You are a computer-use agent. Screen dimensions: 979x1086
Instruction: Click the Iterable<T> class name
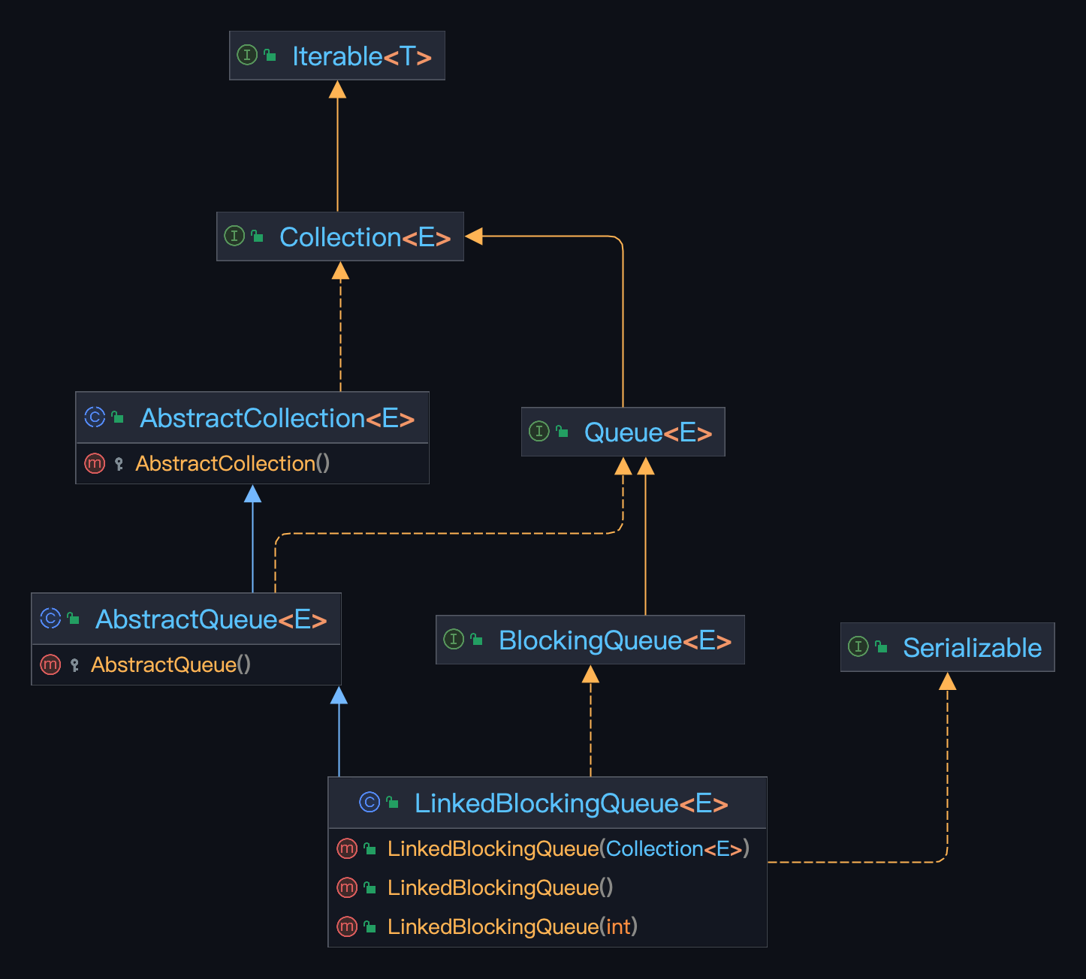(361, 56)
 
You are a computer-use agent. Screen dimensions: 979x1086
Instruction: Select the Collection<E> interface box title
(364, 237)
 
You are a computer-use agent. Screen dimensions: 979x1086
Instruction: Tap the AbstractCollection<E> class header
(276, 418)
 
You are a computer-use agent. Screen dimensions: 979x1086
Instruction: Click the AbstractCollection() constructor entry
(232, 464)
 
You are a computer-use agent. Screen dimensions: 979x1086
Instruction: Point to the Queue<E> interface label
(647, 432)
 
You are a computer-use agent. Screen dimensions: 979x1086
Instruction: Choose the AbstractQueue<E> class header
(210, 619)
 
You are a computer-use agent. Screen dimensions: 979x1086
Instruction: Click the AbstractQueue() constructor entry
(170, 665)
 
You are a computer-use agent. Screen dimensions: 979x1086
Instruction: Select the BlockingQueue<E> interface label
(614, 640)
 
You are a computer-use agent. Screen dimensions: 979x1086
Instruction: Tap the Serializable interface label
(971, 648)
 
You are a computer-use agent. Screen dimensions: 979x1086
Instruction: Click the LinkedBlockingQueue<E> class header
(571, 803)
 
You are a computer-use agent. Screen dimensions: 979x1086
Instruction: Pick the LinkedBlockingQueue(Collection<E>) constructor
(568, 849)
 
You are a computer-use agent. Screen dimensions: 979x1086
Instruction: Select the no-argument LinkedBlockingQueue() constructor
(500, 888)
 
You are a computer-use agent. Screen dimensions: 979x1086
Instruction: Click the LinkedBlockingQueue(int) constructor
(512, 927)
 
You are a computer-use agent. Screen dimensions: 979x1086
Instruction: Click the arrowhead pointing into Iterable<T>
(338, 89)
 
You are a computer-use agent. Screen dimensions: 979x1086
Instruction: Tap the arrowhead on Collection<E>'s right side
(474, 236)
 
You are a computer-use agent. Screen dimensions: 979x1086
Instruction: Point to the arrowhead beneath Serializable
(948, 681)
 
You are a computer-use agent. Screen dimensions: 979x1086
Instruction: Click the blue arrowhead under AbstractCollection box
(253, 493)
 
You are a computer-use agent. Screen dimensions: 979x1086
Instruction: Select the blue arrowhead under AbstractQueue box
(339, 695)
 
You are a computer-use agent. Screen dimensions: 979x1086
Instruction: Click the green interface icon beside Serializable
(858, 646)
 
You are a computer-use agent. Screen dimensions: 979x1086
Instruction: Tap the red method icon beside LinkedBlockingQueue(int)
(346, 926)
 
